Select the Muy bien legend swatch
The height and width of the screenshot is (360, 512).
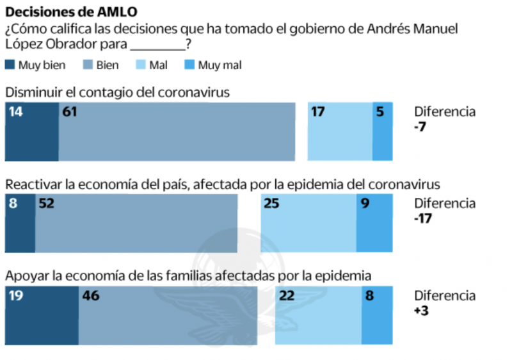click(10, 65)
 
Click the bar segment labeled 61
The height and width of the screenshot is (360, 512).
click(177, 131)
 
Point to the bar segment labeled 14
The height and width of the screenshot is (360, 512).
click(31, 131)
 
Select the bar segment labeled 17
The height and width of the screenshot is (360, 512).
click(340, 131)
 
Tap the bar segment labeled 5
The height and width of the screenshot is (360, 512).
click(383, 131)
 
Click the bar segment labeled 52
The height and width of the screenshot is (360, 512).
click(136, 224)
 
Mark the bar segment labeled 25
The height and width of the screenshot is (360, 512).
click(308, 224)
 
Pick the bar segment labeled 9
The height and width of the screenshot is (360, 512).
click(374, 224)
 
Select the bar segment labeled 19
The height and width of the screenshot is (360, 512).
click(42, 316)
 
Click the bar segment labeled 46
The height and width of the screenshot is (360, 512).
click(168, 316)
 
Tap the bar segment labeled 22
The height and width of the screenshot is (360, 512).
click(318, 316)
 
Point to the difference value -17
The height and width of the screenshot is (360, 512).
click(424, 218)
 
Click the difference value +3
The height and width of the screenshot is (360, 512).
click(422, 310)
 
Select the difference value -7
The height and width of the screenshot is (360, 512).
click(420, 126)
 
